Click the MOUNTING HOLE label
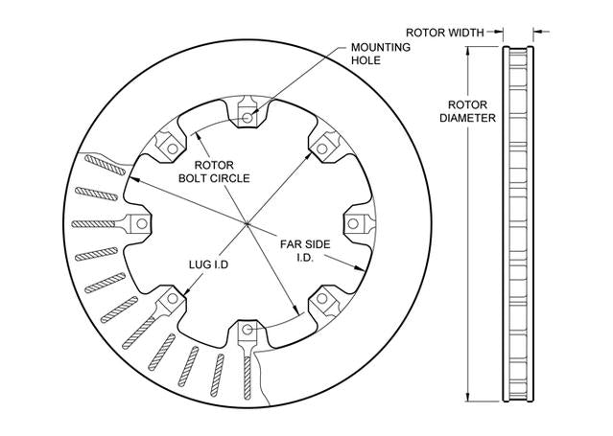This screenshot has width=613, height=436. point(381,54)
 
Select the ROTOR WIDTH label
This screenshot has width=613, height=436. point(445,33)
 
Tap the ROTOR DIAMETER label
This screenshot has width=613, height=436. point(467,111)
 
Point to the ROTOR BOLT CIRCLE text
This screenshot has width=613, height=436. point(214,172)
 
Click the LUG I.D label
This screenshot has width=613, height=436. point(208,264)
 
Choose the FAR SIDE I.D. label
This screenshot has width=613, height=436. point(305,251)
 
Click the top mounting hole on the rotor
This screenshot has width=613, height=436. point(248,117)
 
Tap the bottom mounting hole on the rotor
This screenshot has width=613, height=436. point(248,330)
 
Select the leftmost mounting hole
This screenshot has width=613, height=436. point(142,224)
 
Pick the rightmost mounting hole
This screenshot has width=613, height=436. point(353,224)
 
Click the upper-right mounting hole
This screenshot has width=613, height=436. point(321,149)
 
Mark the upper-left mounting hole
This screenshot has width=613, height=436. point(173,149)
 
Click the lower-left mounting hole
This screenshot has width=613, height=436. point(173,298)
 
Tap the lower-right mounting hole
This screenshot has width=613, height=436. point(321,298)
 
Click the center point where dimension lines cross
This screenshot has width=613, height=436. point(248,224)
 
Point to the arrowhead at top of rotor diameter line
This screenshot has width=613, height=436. point(467,51)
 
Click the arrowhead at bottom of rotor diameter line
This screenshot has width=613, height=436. point(467,397)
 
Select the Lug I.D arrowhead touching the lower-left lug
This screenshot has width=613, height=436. point(187,290)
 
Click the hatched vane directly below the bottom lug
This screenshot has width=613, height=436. point(248,378)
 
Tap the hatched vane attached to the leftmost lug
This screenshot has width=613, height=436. point(93,224)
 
